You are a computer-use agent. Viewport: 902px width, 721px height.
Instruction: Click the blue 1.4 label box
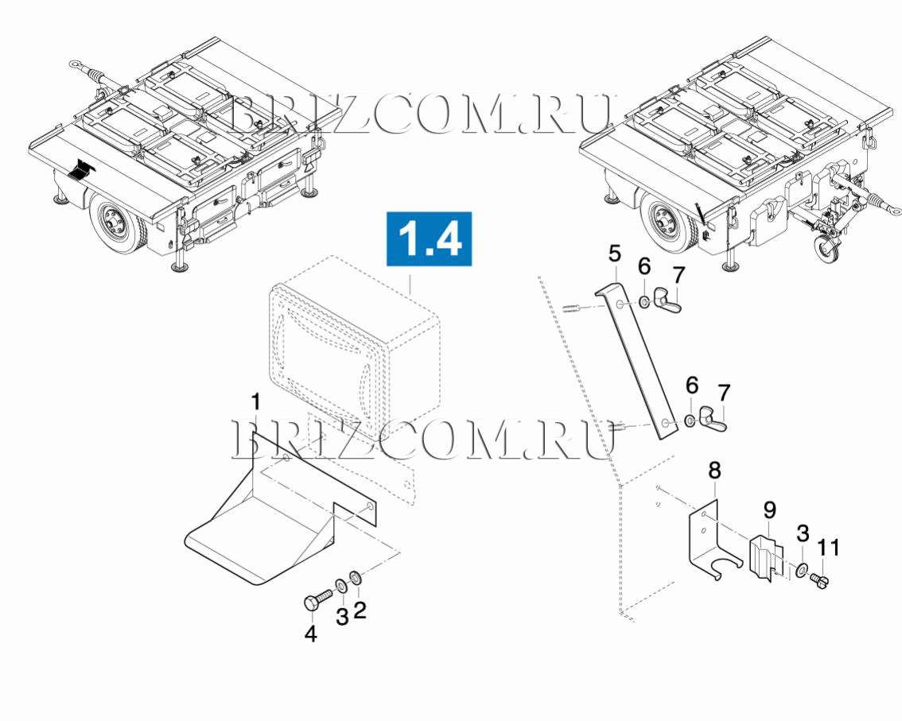coord(430,238)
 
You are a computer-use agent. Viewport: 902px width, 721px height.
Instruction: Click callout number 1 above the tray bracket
coord(256,402)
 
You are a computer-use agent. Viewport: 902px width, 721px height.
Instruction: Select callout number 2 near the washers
coord(360,610)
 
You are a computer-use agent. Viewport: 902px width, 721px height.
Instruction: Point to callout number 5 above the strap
coord(615,254)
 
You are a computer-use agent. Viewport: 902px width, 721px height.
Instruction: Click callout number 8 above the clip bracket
coord(714,471)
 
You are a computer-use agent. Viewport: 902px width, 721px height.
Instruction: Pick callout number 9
coord(770,510)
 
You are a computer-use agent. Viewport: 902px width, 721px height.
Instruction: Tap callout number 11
coord(828,548)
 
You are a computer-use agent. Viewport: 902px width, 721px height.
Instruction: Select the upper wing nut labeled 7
coord(668,301)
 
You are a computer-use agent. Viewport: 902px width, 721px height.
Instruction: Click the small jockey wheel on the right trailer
coord(824,248)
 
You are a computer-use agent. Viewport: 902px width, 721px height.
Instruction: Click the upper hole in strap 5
coord(619,304)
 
